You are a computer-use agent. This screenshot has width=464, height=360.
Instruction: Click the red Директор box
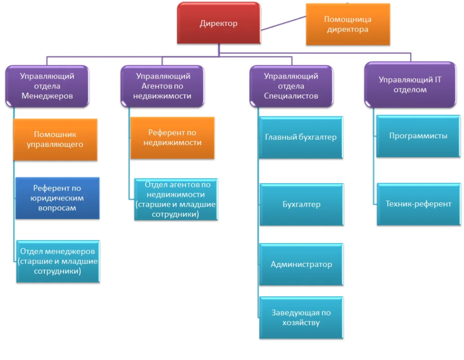pos(219,24)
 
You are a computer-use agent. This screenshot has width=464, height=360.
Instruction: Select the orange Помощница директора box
pos(348,24)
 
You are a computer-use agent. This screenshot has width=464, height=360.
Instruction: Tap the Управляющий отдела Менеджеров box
pos(47,86)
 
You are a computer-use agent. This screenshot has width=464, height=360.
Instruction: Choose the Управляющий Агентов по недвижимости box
pos(163,86)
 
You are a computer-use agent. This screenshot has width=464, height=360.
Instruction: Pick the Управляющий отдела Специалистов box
pos(291,86)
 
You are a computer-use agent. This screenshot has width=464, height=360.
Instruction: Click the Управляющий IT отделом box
pos(410,85)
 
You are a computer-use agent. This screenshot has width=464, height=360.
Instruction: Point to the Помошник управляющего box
pos(55,139)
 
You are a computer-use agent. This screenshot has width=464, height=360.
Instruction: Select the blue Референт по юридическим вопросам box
pos(57,198)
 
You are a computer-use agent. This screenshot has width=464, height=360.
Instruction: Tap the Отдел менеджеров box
pos(58,261)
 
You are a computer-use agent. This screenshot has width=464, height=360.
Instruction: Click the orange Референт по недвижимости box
pos(172,138)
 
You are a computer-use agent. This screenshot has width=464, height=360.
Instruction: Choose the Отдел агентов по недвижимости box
pos(175,199)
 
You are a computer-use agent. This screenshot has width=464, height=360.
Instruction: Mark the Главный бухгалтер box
pos(301,137)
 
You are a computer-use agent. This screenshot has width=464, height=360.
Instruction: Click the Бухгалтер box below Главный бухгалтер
pos(301,204)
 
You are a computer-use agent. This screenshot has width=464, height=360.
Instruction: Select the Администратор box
pos(301,264)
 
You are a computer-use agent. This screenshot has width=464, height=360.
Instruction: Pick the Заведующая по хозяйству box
pos(301,318)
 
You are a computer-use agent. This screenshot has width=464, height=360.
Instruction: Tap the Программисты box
pos(418,136)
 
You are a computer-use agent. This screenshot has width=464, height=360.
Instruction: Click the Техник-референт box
pos(418,204)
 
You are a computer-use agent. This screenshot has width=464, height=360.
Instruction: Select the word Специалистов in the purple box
pos(291,96)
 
